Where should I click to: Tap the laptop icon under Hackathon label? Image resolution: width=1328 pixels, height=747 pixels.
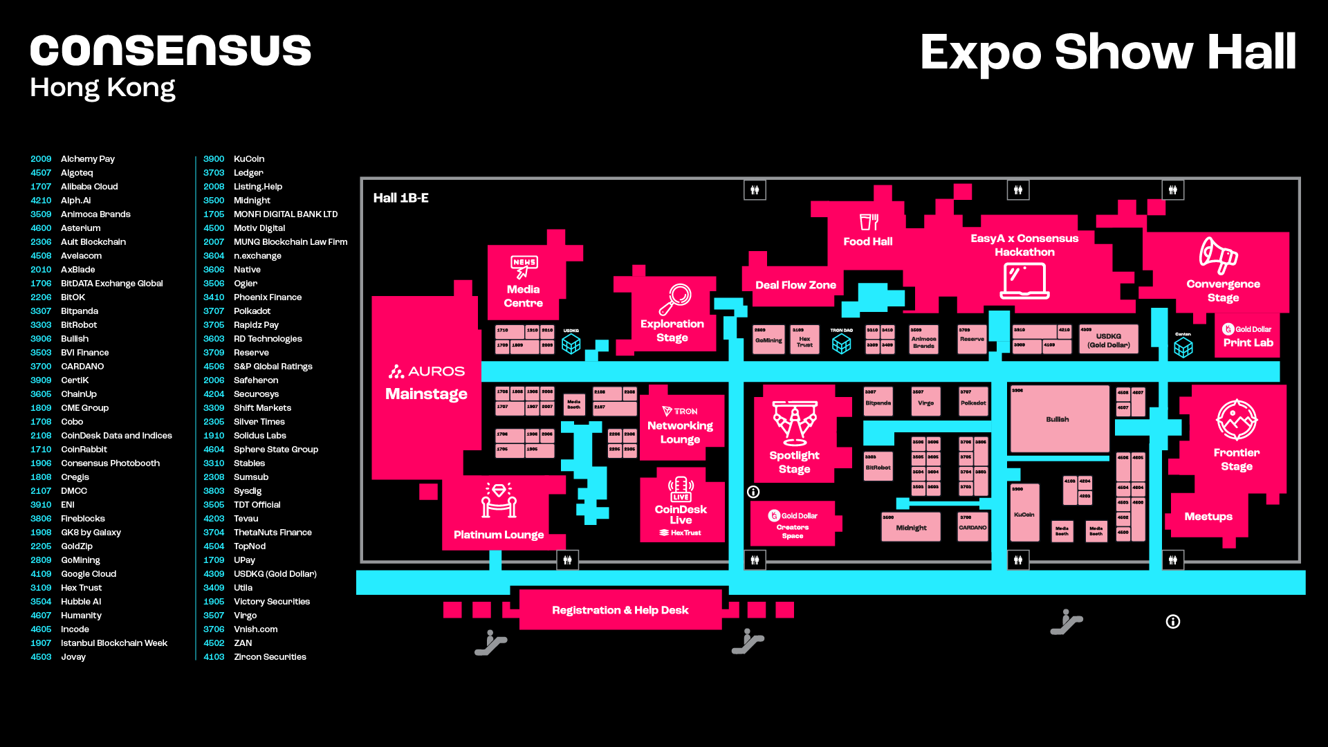tap(1024, 281)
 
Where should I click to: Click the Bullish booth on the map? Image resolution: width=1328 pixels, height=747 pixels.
tap(1058, 419)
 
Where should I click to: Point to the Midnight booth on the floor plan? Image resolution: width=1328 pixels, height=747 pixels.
tap(911, 527)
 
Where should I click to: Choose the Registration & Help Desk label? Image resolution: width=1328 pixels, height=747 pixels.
tap(620, 610)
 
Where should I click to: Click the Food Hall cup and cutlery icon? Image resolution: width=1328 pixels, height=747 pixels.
tap(868, 221)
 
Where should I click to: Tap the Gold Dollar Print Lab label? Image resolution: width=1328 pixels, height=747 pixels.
tap(1248, 336)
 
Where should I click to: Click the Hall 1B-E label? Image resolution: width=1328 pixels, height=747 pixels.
tap(401, 198)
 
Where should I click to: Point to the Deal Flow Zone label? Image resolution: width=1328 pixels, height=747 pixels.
tap(795, 285)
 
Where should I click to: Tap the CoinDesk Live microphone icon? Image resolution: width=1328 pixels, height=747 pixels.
tap(681, 488)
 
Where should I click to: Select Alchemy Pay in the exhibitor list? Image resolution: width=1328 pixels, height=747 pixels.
tap(88, 159)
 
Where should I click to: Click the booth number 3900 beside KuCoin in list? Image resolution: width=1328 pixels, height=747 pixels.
tap(214, 159)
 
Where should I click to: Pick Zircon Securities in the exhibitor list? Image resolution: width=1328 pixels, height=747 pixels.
tap(270, 657)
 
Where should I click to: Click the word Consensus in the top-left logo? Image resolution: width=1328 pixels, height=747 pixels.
tap(170, 51)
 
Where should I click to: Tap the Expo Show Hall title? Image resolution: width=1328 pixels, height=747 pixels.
tap(1107, 53)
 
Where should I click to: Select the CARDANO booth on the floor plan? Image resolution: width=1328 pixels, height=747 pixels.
tap(972, 527)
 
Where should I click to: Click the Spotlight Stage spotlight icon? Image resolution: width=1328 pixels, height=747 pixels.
tap(794, 423)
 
